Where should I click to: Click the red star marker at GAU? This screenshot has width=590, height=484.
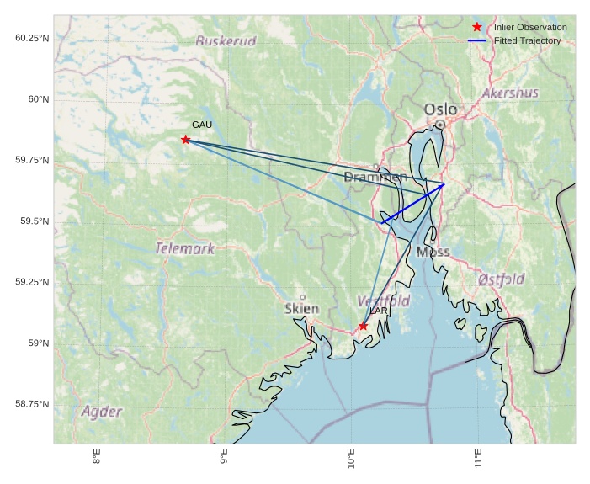(185, 140)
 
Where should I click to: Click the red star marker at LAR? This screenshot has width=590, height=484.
(363, 326)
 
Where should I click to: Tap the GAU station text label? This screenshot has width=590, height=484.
(201, 125)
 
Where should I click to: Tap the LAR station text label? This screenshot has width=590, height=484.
(379, 311)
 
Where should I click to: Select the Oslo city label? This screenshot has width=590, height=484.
(440, 109)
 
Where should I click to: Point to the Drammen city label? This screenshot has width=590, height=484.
(375, 177)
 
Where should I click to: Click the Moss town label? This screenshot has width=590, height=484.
(433, 252)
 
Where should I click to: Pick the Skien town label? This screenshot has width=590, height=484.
(301, 308)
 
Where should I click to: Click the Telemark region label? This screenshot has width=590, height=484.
(185, 248)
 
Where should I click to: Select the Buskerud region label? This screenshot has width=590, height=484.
(226, 40)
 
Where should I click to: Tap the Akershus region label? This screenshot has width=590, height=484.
(510, 93)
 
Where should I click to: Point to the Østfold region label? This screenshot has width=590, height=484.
(501, 279)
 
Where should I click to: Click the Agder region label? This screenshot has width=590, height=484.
(102, 412)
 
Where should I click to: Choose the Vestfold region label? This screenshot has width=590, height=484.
(384, 301)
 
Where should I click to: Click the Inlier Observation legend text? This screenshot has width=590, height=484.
(530, 28)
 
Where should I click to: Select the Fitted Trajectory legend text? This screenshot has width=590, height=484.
(528, 41)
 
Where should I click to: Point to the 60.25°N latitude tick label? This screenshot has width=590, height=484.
(32, 39)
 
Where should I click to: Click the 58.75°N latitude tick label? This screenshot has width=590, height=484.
(32, 404)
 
